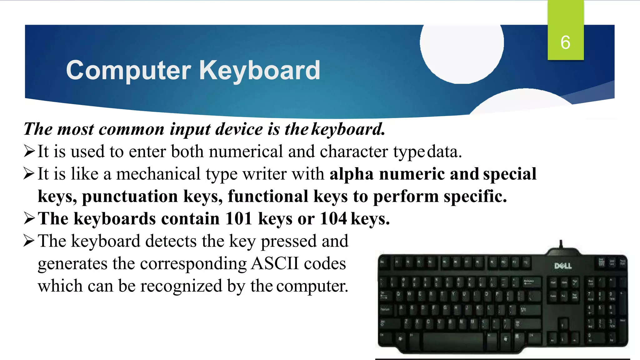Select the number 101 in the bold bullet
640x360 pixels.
point(238,218)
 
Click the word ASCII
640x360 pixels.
point(275,263)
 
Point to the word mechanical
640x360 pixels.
point(158,174)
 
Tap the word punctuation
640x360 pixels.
point(130,196)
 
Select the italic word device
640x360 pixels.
point(239,129)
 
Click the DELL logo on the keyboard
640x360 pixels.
point(563,266)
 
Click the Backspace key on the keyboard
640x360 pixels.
point(532,282)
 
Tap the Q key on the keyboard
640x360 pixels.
point(398,294)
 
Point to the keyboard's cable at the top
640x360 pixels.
point(561,244)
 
